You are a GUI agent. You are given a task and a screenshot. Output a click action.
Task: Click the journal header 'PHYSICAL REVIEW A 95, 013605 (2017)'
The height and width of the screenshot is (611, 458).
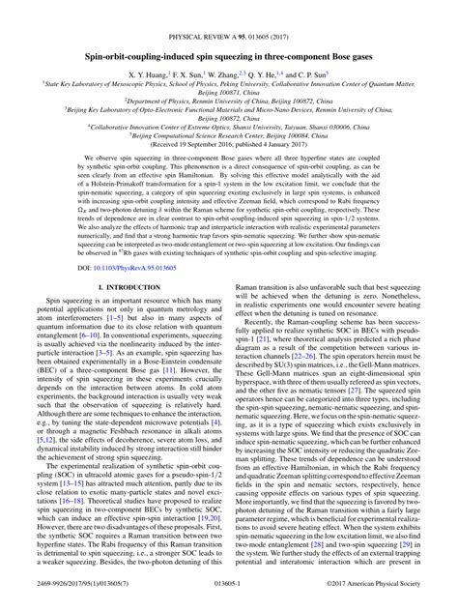229,14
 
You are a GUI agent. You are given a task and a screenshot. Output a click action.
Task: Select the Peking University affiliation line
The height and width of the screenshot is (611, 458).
229,66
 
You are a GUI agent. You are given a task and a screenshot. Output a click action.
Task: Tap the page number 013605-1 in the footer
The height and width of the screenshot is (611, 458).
229,598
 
